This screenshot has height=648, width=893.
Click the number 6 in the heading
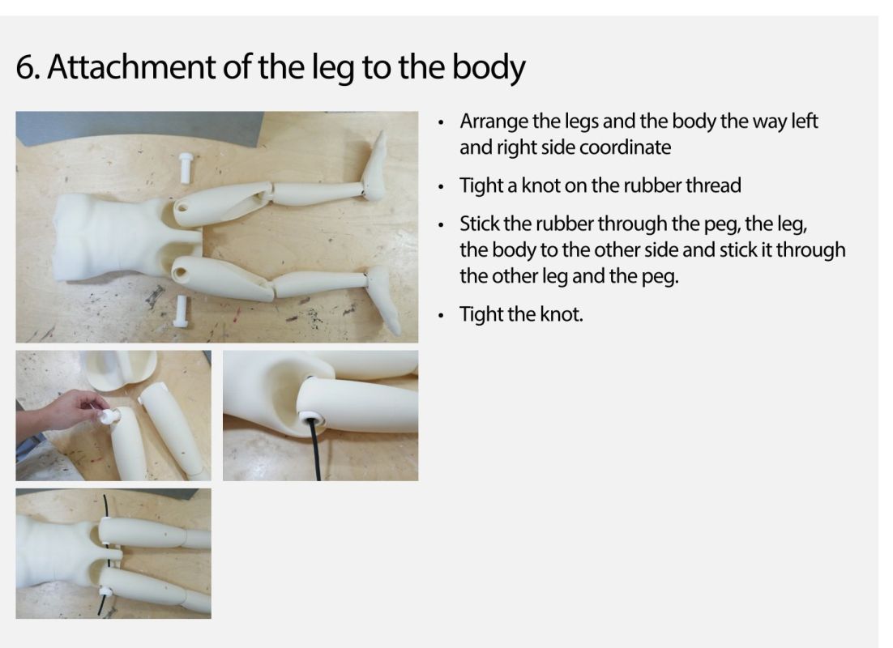(25, 66)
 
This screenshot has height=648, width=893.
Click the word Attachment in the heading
(131, 66)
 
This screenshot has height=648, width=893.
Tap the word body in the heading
(489, 68)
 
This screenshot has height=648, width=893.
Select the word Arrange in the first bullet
(493, 122)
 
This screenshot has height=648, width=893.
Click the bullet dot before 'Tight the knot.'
(441, 315)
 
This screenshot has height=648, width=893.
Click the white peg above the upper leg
(185, 168)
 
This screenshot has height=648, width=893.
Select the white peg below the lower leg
(182, 311)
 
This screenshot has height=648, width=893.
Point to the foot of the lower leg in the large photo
(385, 298)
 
